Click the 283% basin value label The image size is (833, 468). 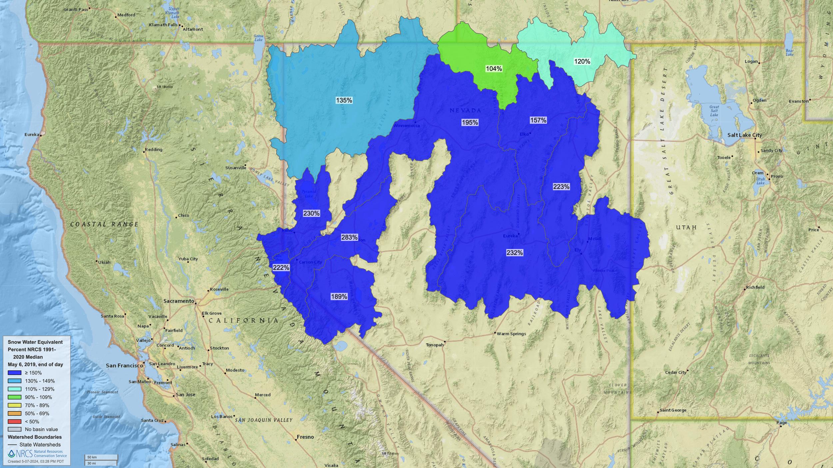tap(349, 237)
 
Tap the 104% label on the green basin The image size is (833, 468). tap(494, 69)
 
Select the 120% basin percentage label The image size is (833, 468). tap(582, 61)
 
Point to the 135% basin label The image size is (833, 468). tap(344, 100)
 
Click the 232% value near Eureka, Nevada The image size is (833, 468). tap(514, 253)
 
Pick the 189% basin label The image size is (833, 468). tap(339, 297)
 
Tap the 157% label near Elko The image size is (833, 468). tap(538, 120)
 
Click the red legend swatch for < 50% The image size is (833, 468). tap(15, 421)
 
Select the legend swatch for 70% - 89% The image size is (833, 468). tap(15, 405)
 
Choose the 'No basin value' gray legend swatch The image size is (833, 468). tap(15, 429)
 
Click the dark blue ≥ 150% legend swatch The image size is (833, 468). tap(15, 373)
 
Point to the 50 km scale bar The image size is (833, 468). tap(101, 457)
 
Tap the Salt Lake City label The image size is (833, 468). tap(744, 135)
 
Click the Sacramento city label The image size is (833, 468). tap(179, 301)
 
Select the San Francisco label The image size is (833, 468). tap(124, 365)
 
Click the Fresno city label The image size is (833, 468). tap(305, 437)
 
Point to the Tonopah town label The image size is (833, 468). tap(434, 345)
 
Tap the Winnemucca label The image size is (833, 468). tap(407, 125)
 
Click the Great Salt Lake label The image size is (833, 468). tap(714, 111)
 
